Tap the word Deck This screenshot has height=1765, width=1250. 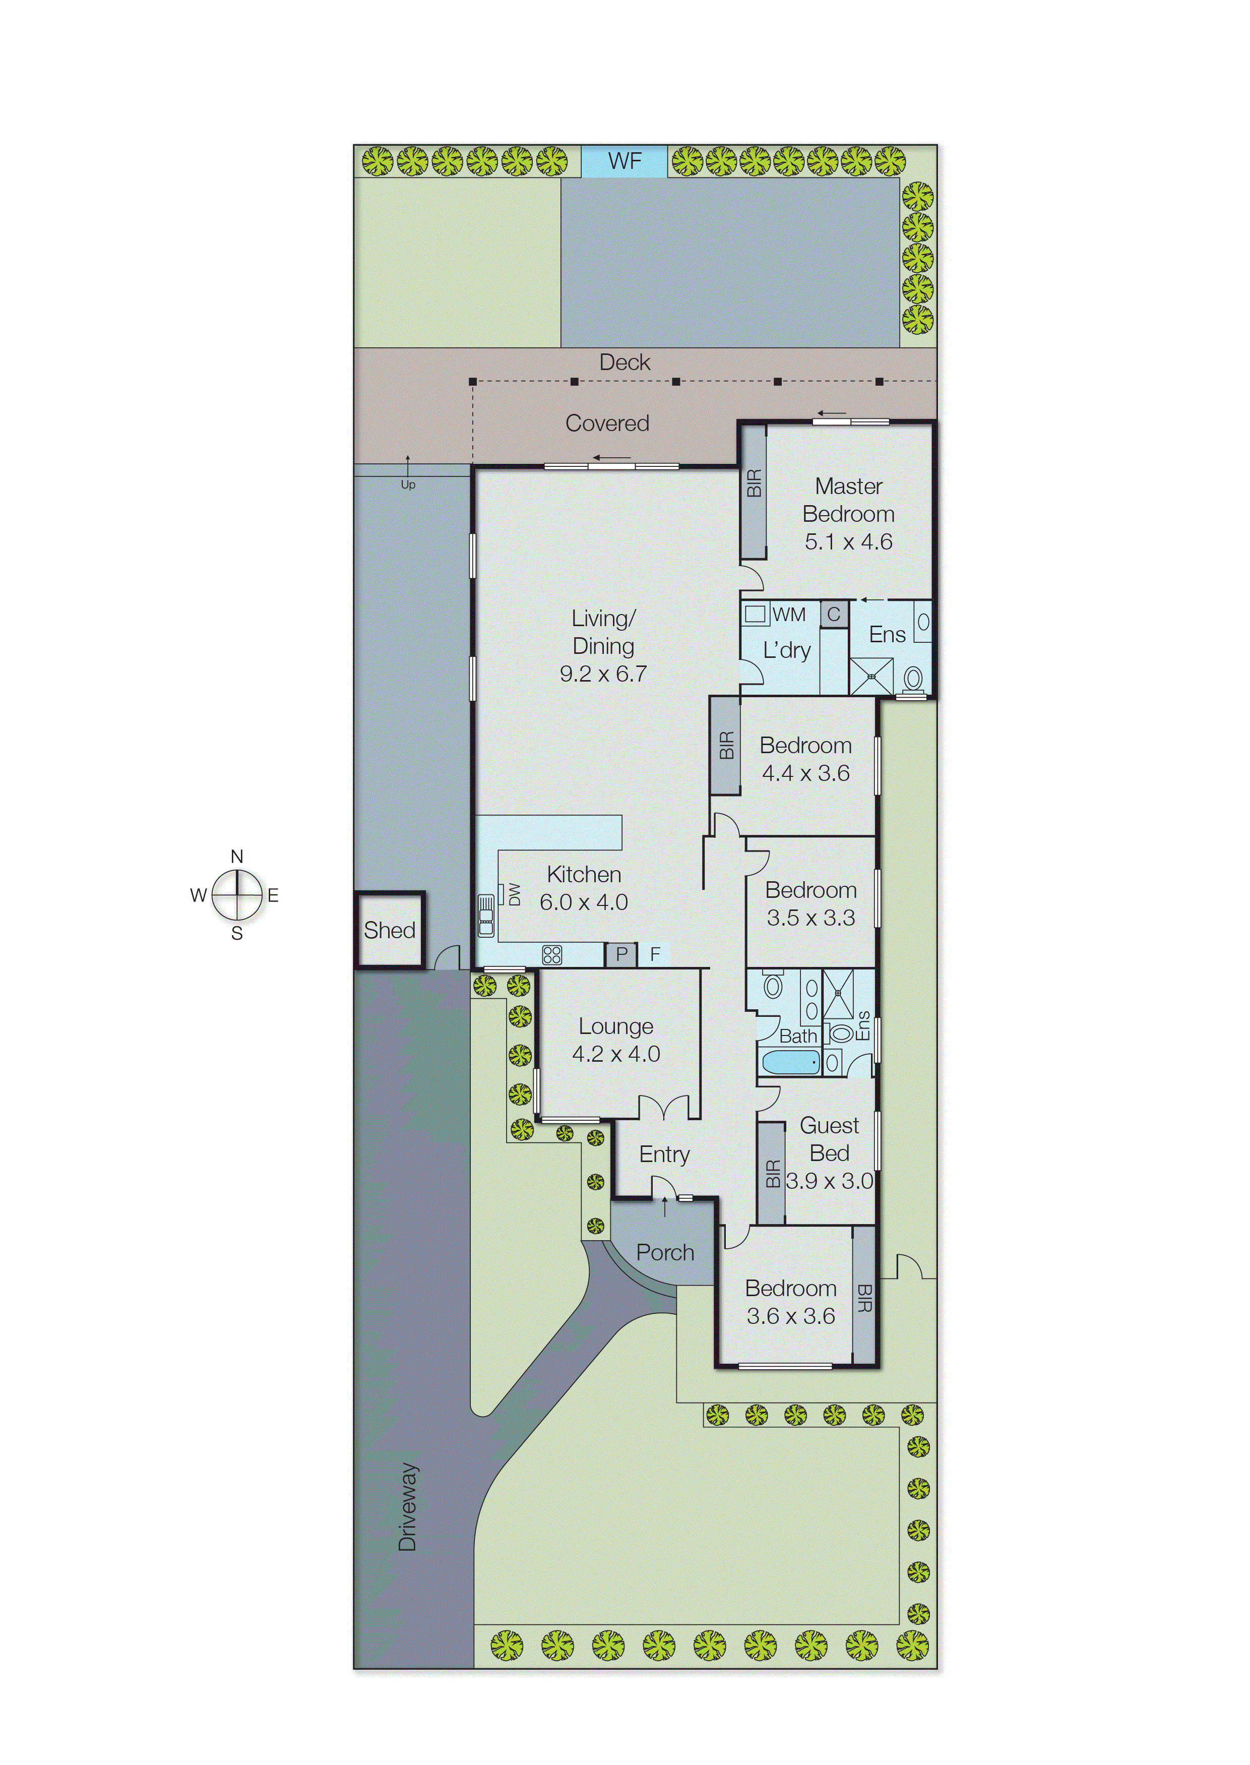coord(624,362)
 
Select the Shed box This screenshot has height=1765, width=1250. coord(390,930)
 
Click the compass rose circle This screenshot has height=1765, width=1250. coord(237,894)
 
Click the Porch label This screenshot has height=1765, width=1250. coord(665,1252)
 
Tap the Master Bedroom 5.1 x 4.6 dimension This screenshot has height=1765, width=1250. coord(848,542)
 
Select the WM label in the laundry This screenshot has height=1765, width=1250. coord(789,614)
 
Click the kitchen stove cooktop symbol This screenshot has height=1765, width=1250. coord(552,954)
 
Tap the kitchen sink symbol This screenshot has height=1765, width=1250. coord(486,915)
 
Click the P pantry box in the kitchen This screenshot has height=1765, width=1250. coord(621,954)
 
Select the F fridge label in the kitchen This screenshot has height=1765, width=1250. coord(655,954)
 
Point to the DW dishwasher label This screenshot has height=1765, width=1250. coord(514,894)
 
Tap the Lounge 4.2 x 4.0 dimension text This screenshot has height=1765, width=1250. coord(616,1054)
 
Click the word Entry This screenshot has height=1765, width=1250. coord(664,1154)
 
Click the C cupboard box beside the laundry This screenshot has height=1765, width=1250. coord(834,614)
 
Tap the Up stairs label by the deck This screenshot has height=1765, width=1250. coord(408,484)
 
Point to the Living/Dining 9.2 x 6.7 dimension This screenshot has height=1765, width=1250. coord(603,674)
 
